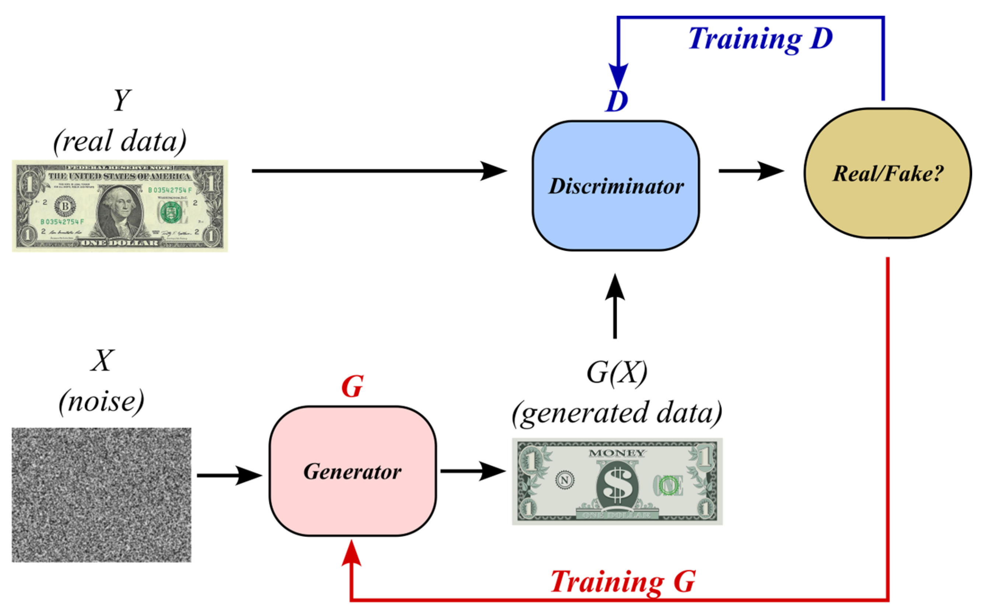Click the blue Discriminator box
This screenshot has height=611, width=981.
(615, 186)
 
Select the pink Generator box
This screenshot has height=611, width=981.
(352, 471)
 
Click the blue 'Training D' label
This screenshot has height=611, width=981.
(760, 39)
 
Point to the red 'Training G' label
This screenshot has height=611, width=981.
(623, 582)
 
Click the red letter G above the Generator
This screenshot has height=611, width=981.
(352, 387)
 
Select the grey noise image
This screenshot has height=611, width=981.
(101, 495)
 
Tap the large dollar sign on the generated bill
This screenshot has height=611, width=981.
(617, 485)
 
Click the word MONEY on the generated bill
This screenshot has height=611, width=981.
(617, 453)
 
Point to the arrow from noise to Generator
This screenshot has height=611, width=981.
(229, 475)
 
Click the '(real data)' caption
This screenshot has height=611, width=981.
(120, 141)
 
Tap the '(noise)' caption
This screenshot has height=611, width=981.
(101, 402)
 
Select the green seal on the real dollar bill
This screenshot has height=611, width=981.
(171, 213)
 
